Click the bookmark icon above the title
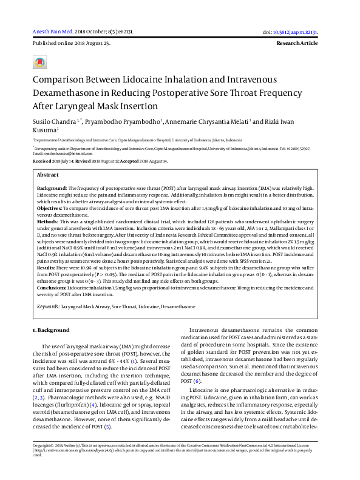[x=39, y=63]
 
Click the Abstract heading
[x=49, y=174]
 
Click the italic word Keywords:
[x=48, y=307]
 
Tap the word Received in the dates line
[x=42, y=161]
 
